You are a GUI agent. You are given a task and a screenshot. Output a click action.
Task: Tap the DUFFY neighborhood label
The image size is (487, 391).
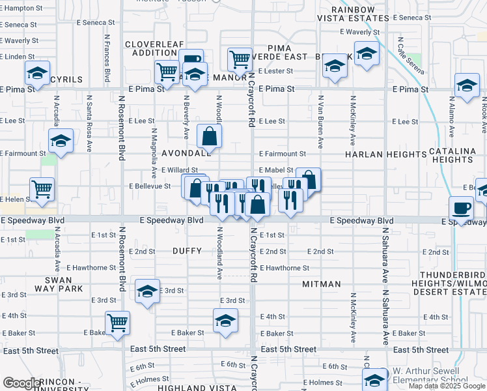pos(187,250)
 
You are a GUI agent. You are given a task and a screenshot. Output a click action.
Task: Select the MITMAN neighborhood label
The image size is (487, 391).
pos(322,284)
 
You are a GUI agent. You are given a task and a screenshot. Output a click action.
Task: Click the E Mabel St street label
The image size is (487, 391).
pos(276,169)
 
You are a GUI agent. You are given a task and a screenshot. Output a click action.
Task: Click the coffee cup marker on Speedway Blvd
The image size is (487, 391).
pos(462,209)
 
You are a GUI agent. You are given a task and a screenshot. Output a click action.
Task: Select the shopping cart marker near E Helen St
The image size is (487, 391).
pos(42,190)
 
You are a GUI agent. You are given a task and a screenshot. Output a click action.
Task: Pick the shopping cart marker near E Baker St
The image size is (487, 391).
pos(117,322)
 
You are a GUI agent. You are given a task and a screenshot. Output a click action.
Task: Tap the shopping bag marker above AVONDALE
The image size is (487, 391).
pos(210,136)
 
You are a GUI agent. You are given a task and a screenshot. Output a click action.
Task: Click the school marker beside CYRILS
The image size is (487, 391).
pos(37,74)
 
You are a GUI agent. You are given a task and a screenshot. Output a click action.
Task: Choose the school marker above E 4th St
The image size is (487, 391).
pos(225,321)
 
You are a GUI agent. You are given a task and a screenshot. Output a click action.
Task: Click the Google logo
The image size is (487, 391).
pos(21,383)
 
